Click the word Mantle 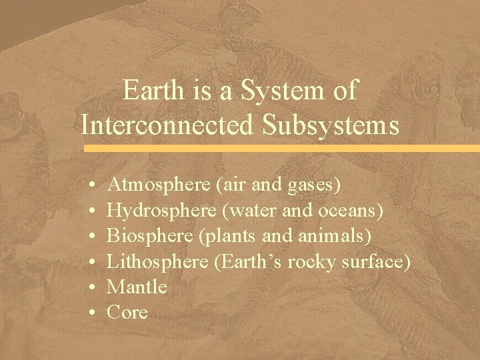(x=137, y=287)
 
